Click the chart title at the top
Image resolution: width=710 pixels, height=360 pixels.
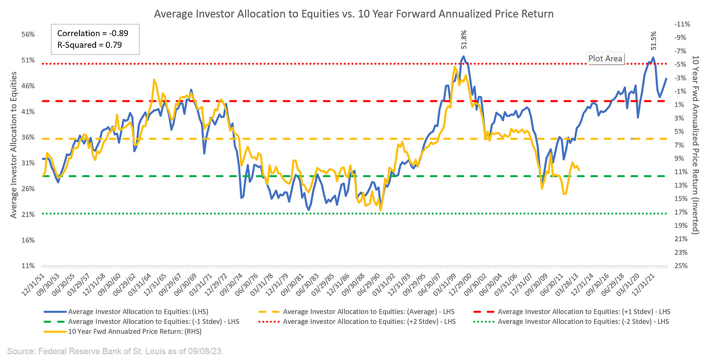(x=354, y=14)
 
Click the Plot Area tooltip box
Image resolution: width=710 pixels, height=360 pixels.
(x=606, y=59)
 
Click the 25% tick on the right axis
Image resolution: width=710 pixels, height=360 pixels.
(x=682, y=266)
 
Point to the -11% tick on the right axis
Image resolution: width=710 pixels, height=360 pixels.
(x=682, y=24)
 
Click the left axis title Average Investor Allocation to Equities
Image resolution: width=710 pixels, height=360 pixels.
(x=14, y=145)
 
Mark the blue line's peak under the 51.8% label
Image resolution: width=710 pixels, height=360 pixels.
(x=464, y=57)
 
